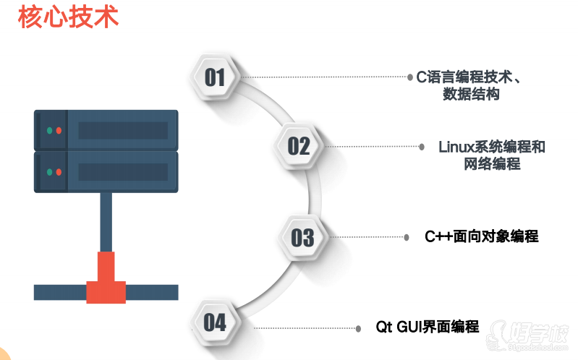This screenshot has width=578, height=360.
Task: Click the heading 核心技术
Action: click(68, 17)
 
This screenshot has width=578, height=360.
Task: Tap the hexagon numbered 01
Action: click(215, 77)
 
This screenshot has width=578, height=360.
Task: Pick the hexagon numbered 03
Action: click(302, 236)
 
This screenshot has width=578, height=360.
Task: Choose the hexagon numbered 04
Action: click(215, 322)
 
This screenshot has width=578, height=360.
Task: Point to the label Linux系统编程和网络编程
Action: click(492, 155)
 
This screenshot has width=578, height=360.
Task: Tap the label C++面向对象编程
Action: click(481, 236)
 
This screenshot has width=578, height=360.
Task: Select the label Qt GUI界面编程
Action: click(427, 326)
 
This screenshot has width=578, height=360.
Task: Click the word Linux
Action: click(454, 147)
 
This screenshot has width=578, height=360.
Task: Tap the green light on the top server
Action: click(49, 131)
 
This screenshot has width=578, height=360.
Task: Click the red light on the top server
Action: click(59, 131)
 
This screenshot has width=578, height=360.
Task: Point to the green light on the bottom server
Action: click(49, 172)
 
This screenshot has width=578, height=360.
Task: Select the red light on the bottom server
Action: click(59, 172)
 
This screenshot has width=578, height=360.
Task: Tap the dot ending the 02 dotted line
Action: click(422, 146)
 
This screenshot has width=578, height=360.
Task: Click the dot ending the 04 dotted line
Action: click(358, 328)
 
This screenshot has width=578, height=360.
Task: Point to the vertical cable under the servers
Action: click(106, 220)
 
